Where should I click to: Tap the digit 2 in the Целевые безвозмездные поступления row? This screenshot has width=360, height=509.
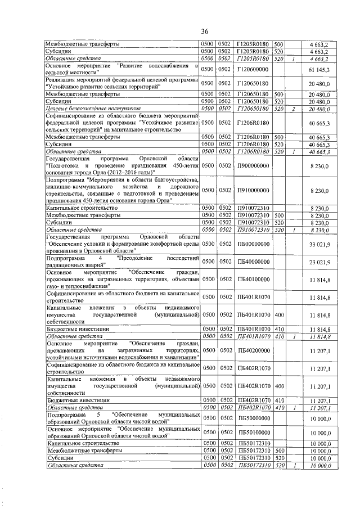click(x=293, y=109)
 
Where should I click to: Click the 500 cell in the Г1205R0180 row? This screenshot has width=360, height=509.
click(x=278, y=43)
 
